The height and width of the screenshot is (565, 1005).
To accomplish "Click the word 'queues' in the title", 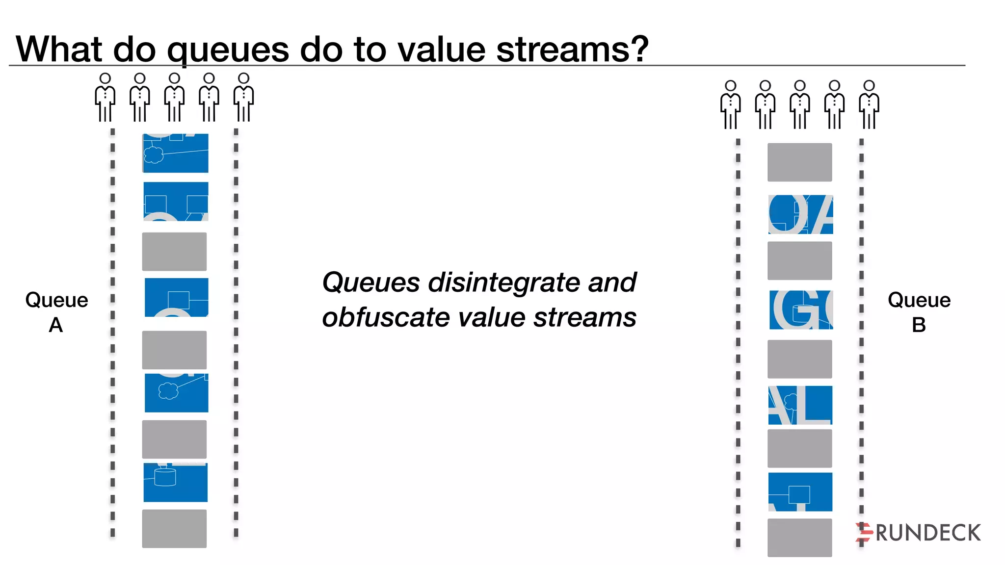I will point(228,50).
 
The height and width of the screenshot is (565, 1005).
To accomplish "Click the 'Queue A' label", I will point(56,312).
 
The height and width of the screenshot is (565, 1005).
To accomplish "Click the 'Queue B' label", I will point(919,312).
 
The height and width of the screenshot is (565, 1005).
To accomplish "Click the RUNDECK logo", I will point(918,533).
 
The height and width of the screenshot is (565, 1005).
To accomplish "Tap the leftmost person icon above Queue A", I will point(105,98).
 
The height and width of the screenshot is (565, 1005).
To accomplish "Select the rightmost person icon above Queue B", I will point(869,105).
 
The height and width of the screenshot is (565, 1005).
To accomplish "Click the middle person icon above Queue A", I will point(174,98).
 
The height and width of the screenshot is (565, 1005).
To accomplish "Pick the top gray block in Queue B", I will point(799,162).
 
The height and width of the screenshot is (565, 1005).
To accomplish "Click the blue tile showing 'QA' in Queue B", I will point(800,214).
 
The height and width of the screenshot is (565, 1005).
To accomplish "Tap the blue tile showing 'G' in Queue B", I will point(801,309).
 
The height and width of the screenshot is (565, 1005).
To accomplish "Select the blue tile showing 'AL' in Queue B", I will point(800,405).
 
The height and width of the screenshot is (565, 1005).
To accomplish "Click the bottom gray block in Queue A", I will point(174,529).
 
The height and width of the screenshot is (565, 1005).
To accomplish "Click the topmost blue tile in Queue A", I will point(175,153).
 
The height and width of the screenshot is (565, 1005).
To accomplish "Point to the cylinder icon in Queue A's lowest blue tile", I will point(165,477).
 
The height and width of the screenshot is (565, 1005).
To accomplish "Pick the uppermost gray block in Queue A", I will point(174,252).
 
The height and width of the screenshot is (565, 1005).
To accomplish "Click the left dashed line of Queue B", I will point(738,343).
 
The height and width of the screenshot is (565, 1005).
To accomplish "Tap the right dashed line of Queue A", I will point(236,334).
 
